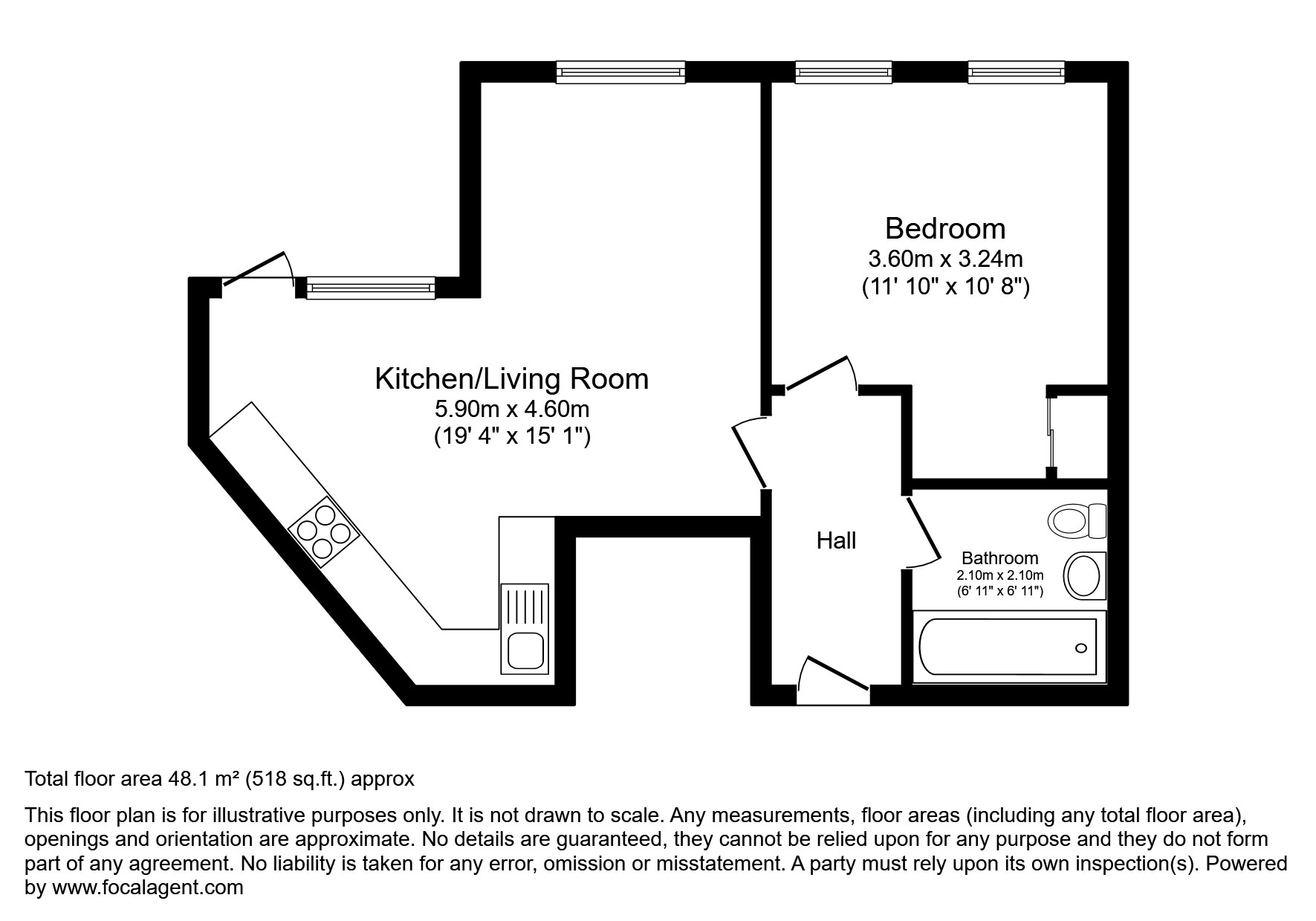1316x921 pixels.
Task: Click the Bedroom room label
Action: click(945, 228)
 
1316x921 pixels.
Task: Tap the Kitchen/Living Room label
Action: click(511, 379)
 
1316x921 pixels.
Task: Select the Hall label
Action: click(836, 540)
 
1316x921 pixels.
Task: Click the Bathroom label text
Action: click(999, 558)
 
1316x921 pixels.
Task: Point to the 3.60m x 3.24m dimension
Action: click(945, 259)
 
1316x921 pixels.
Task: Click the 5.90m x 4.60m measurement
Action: click(511, 409)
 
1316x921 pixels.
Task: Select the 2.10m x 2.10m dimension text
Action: click(999, 575)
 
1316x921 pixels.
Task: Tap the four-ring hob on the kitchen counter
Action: click(324, 531)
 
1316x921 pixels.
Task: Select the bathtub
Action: click(1008, 647)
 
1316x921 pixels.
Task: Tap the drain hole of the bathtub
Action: click(1081, 648)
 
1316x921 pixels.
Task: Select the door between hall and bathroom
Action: click(921, 530)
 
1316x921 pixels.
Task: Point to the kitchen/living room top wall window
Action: click(620, 72)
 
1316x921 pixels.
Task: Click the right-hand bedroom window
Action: click(1016, 72)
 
